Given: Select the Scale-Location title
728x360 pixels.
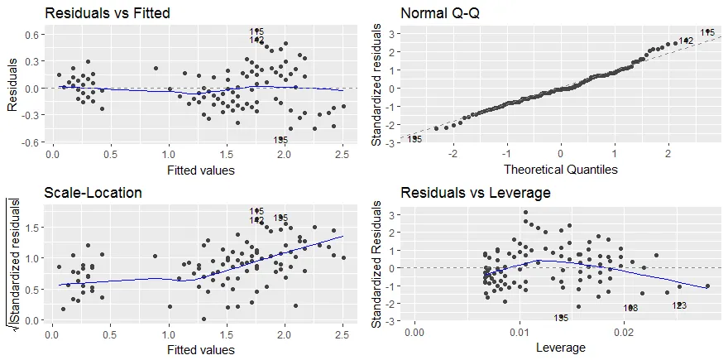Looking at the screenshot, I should tap(93, 193).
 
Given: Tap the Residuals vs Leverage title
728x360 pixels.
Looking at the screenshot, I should tap(465, 193).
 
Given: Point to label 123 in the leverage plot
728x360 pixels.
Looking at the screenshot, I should tap(679, 305).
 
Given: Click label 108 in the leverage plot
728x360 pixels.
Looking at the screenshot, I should tap(630, 308).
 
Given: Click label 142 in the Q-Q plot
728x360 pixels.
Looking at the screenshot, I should tap(686, 41).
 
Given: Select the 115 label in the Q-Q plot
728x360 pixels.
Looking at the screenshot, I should tap(707, 33).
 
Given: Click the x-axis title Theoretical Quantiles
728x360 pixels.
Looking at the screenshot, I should tap(560, 170).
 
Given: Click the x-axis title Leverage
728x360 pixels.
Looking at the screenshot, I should tap(560, 348).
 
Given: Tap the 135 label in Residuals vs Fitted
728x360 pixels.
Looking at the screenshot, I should tap(281, 141).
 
